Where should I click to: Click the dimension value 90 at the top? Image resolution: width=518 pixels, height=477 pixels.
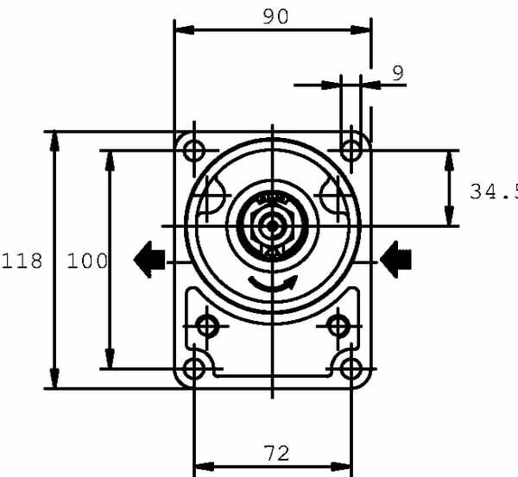[x=275, y=16]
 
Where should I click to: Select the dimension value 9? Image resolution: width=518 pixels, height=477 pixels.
[x=398, y=73]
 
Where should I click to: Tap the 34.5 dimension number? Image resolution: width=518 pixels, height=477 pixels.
[x=494, y=191]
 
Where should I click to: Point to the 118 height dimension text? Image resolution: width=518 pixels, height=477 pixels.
[x=22, y=260]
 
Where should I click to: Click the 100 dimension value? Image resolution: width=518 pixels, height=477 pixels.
[x=87, y=260]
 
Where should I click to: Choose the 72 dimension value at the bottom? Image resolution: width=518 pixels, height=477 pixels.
[x=277, y=453]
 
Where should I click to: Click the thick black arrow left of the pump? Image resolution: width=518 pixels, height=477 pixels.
[x=149, y=260]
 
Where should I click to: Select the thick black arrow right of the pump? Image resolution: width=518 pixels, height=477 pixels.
[x=395, y=260]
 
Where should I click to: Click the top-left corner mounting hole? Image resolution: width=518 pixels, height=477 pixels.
[x=194, y=150]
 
